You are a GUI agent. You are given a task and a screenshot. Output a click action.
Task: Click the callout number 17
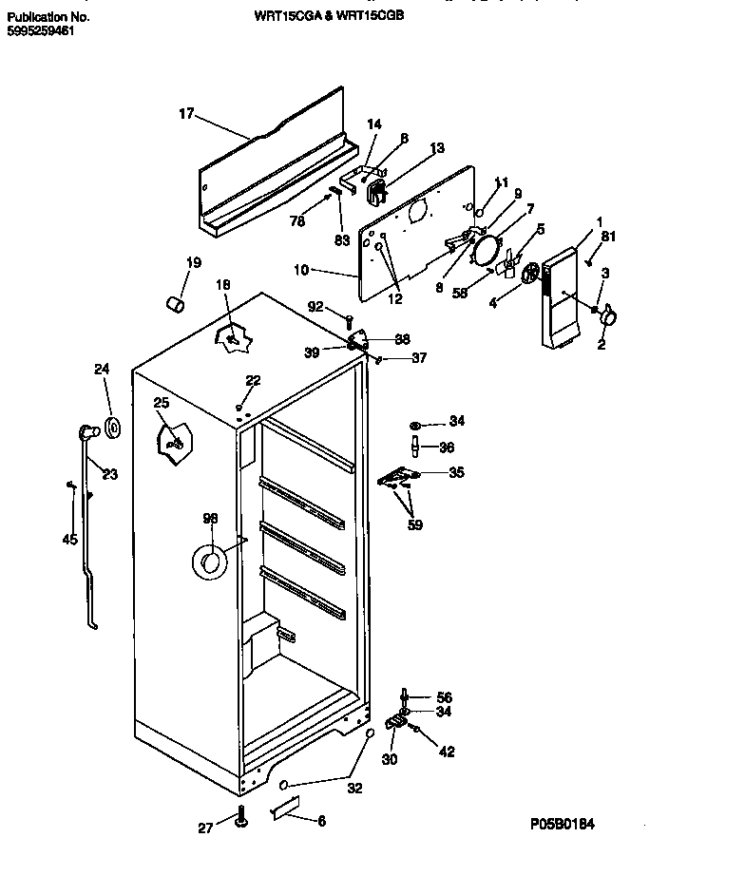pyautogui.click(x=186, y=114)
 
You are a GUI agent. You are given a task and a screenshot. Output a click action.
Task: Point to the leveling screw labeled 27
pyautogui.click(x=242, y=816)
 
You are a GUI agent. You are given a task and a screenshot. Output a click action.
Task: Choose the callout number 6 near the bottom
pyautogui.click(x=320, y=821)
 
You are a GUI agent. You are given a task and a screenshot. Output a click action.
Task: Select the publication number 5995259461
pyautogui.click(x=39, y=30)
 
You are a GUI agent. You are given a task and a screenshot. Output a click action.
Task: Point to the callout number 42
pyautogui.click(x=446, y=752)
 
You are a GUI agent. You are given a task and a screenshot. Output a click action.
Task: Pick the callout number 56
pyautogui.click(x=445, y=696)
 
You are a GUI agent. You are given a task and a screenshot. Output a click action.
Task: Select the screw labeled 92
pyautogui.click(x=350, y=320)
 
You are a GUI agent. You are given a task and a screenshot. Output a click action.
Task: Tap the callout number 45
pyautogui.click(x=68, y=540)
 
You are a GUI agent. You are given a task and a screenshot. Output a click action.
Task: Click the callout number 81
pyautogui.click(x=608, y=238)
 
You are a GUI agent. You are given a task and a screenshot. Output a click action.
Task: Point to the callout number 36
pyautogui.click(x=446, y=447)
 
